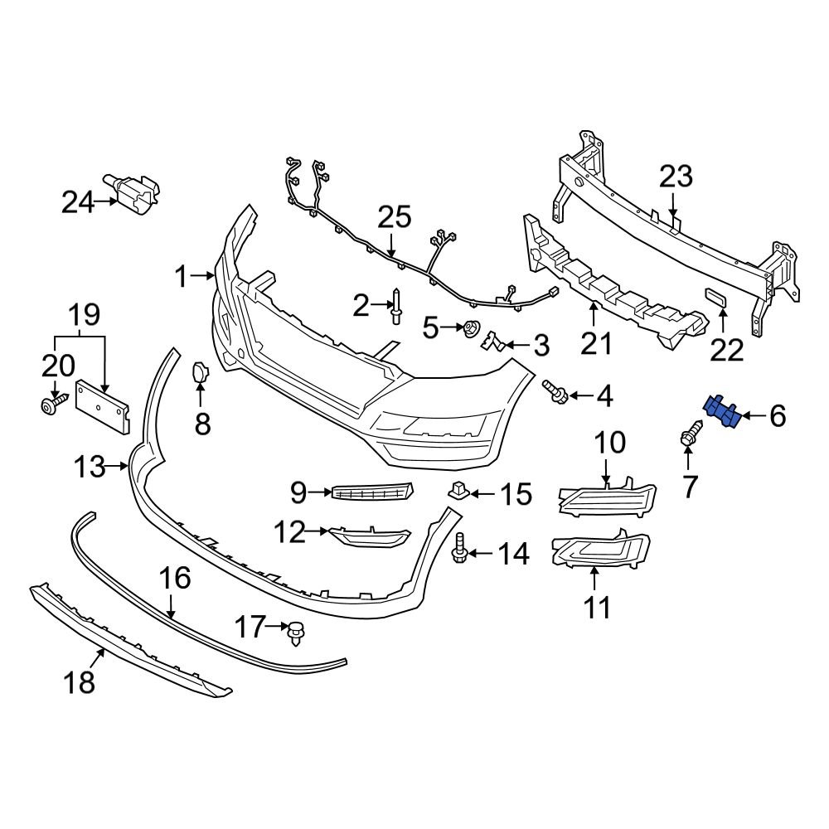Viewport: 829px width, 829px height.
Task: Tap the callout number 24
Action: pyautogui.click(x=80, y=201)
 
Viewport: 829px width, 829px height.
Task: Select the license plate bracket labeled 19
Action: pyautogui.click(x=103, y=405)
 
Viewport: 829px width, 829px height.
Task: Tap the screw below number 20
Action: pyautogui.click(x=54, y=406)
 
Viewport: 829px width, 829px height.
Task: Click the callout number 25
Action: pyautogui.click(x=395, y=218)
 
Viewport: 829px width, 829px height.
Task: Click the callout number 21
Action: pyautogui.click(x=595, y=342)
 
